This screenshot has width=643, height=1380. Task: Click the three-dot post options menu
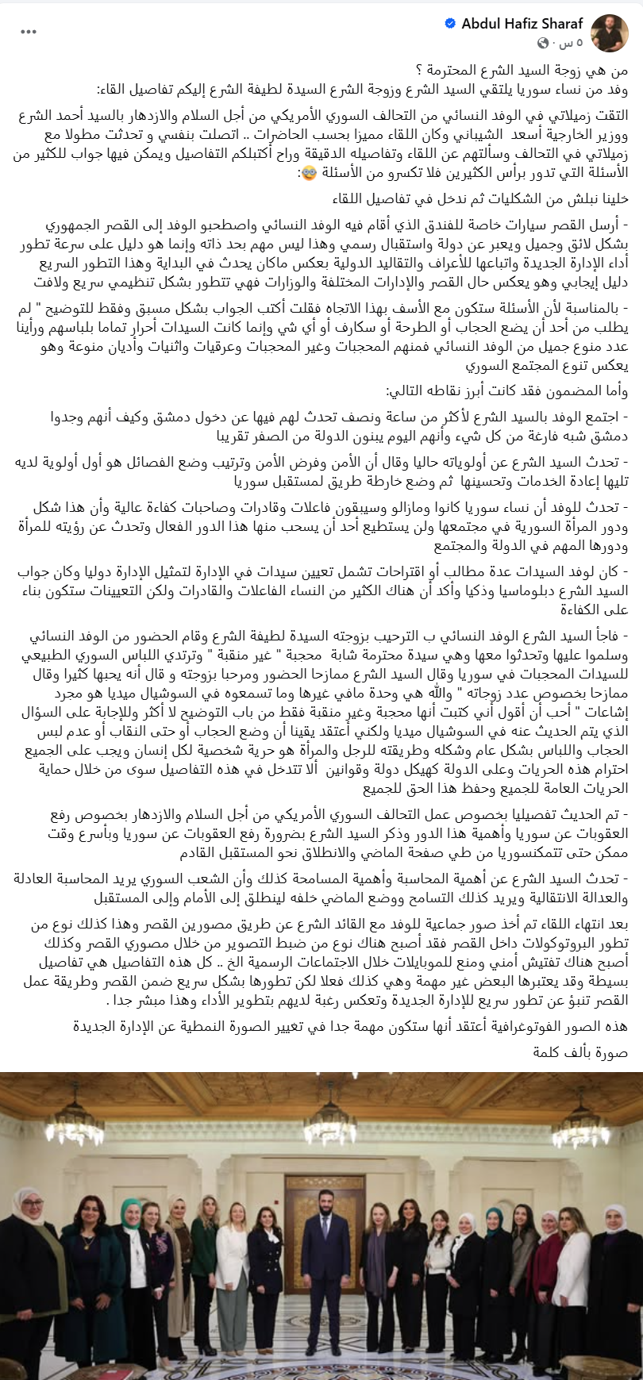(29, 32)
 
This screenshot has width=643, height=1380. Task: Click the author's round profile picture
(610, 33)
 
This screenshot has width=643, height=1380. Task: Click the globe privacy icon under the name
(544, 42)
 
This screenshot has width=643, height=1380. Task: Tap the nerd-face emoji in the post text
(307, 172)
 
